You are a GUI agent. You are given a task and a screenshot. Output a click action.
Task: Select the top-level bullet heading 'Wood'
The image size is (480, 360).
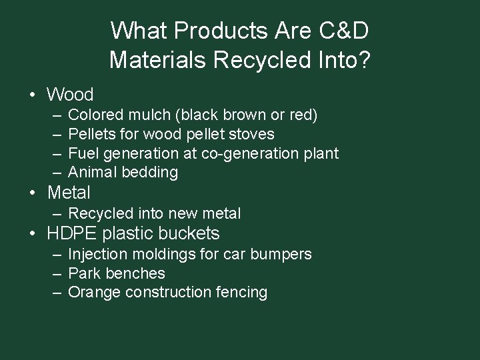[x=71, y=95]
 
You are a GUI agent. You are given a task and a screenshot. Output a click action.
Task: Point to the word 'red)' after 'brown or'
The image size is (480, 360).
[x=303, y=115]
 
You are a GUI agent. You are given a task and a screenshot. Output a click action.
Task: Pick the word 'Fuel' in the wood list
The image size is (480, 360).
[x=83, y=153]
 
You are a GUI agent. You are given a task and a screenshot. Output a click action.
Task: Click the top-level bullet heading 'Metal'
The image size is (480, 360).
[x=69, y=193]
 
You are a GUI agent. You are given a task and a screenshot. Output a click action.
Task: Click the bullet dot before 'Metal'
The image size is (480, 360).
[x=33, y=194]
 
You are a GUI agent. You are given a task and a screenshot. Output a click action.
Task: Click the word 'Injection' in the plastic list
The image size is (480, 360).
[x=95, y=255]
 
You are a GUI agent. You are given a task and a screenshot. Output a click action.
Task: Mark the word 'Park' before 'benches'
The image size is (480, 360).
[x=83, y=273]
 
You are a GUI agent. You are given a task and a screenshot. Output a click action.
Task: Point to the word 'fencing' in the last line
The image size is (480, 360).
[x=243, y=293]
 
